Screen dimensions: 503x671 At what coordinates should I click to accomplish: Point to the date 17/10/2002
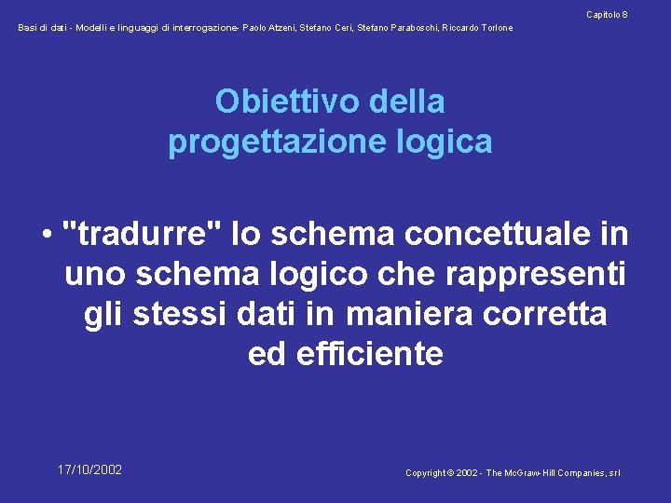pyautogui.click(x=89, y=469)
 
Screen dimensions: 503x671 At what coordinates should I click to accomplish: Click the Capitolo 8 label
pyautogui.click(x=607, y=14)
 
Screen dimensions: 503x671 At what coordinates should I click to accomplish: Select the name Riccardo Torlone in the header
pyautogui.click(x=478, y=28)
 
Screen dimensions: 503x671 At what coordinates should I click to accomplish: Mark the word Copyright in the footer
pyautogui.click(x=425, y=473)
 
